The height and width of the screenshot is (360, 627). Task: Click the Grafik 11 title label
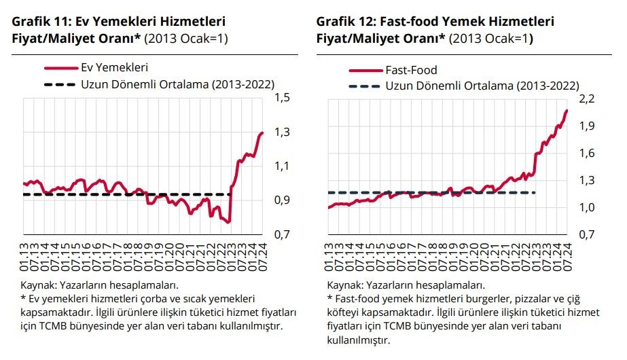[x=119, y=22]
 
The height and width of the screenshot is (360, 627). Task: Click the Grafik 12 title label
[x=435, y=22]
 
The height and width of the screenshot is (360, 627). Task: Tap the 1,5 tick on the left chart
[x=283, y=98]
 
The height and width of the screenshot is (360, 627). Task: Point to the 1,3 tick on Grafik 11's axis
[x=283, y=132]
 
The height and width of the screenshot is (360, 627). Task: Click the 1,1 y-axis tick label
[x=283, y=166]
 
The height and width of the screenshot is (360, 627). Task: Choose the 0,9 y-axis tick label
[x=283, y=200]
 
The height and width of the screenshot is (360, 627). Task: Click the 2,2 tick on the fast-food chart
[x=588, y=98]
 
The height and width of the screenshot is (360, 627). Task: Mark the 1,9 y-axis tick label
[x=588, y=126]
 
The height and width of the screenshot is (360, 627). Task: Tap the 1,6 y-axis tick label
[x=588, y=153]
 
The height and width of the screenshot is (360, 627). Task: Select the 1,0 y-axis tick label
[x=588, y=208]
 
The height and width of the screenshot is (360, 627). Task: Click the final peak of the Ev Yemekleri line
[x=262, y=133]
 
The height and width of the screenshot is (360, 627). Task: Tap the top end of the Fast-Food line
[x=567, y=110]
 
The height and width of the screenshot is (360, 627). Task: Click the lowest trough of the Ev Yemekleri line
[x=229, y=222]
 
